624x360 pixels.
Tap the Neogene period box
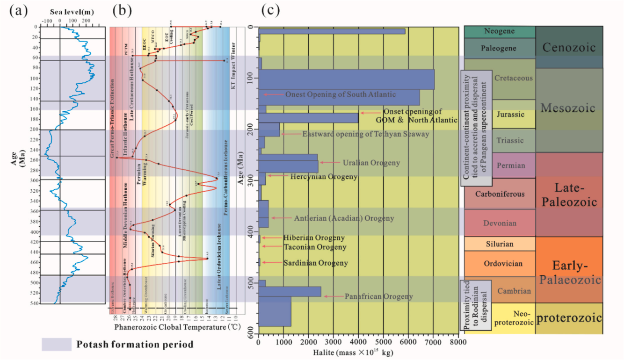[x=500, y=31]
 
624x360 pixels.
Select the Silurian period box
[x=500, y=244]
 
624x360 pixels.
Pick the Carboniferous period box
[x=500, y=194]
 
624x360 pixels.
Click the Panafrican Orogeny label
[x=378, y=296]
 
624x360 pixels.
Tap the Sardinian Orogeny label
[x=315, y=263]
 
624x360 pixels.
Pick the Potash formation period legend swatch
[x=56, y=345]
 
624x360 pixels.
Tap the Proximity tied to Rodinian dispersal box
[x=476, y=305]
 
